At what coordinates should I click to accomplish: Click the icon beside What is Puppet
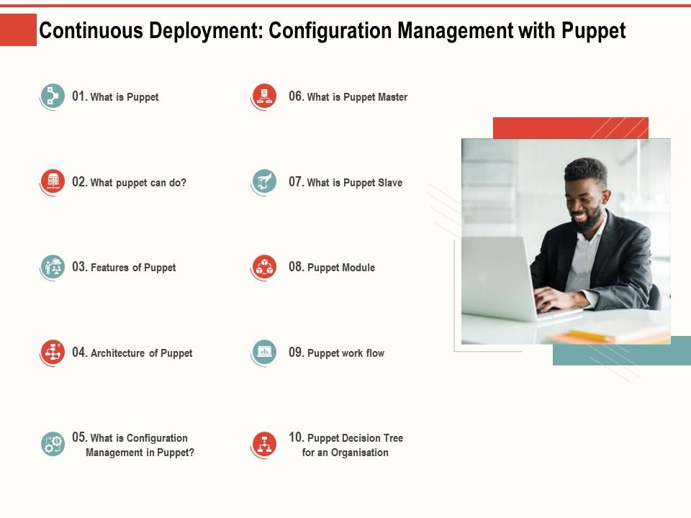click(52, 96)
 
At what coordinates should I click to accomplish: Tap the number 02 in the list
click(79, 182)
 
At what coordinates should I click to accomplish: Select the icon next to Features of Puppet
click(52, 267)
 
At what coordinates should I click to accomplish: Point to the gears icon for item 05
click(52, 444)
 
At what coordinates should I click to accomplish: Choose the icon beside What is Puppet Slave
click(264, 182)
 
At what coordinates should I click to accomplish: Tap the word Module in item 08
click(358, 268)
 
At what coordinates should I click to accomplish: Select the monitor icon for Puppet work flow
click(264, 353)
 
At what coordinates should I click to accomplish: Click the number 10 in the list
click(296, 437)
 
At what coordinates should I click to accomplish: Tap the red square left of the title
click(18, 30)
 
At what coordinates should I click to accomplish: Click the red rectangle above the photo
click(570, 127)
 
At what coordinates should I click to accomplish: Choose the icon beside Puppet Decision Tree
click(264, 444)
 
